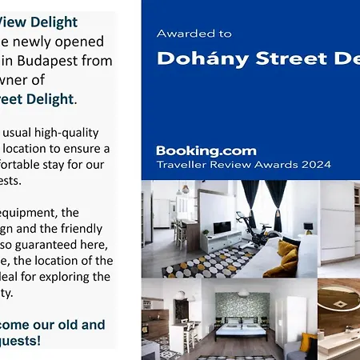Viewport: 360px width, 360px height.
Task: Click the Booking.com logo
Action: pyautogui.click(x=206, y=150)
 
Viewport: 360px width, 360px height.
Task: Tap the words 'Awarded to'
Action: pyautogui.click(x=194, y=34)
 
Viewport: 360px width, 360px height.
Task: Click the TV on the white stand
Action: pyautogui.click(x=222, y=227)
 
